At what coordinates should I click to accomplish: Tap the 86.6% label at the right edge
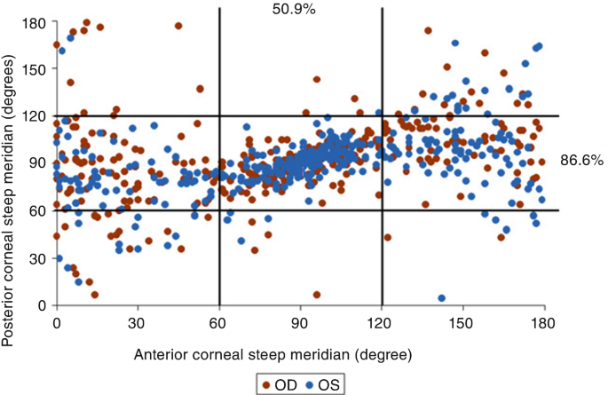click(x=581, y=162)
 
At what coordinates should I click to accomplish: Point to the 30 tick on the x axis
click(x=138, y=323)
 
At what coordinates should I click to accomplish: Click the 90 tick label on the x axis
click(x=300, y=323)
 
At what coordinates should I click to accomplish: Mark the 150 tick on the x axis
click(x=462, y=323)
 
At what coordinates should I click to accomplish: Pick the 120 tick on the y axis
click(x=36, y=116)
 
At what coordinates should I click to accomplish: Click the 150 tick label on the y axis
click(x=36, y=69)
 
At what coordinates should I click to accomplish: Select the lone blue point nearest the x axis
click(x=441, y=298)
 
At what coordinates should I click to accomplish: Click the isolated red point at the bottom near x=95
click(x=316, y=295)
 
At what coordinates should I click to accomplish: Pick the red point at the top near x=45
click(x=178, y=26)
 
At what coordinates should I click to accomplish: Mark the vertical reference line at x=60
click(x=219, y=178)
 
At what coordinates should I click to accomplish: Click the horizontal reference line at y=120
click(x=355, y=115)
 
